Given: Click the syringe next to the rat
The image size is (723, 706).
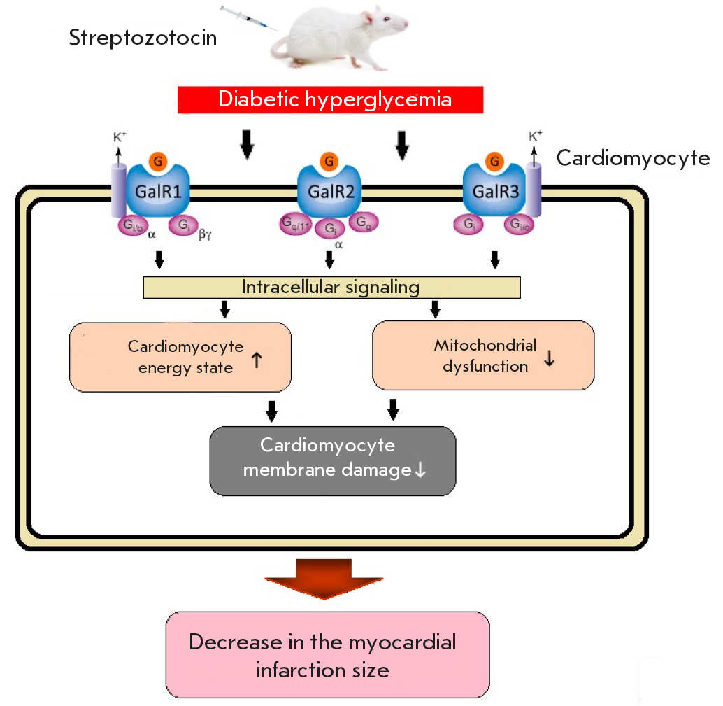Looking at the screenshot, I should (x=248, y=17).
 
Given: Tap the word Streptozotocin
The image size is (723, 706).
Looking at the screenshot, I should (x=143, y=37).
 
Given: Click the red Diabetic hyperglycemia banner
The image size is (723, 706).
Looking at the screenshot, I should (x=330, y=99).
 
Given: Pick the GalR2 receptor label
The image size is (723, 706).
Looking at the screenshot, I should (x=328, y=191).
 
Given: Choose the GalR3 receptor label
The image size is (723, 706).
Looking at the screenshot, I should (x=495, y=191).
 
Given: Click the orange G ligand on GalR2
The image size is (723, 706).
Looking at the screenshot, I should (x=328, y=162).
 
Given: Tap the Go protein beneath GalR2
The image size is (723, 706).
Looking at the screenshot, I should (x=363, y=222).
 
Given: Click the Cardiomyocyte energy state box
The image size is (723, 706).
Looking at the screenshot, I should (x=180, y=356).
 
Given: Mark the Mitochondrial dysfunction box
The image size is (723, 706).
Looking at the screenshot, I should (x=483, y=355).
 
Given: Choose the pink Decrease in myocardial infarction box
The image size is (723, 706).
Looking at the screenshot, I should (x=327, y=654).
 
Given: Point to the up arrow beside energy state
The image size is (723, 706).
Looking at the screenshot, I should (x=256, y=361).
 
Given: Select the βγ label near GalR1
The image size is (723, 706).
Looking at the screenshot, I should (x=205, y=236).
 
